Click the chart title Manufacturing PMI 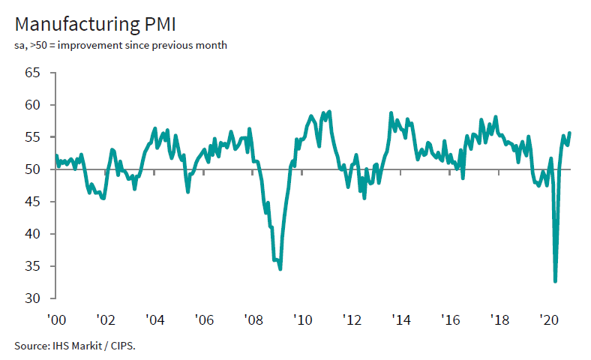[94, 25]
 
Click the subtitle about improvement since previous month [121, 46]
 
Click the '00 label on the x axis [55, 319]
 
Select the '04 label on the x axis [154, 319]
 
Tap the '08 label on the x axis [253, 319]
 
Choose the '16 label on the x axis [450, 319]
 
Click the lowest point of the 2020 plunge [555, 281]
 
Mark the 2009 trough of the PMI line [280, 268]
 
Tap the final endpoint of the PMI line [570, 133]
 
